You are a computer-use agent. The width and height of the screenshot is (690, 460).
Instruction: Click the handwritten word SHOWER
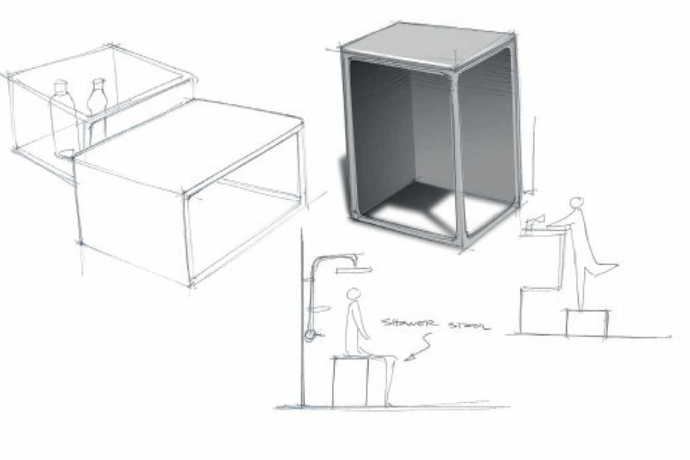409,323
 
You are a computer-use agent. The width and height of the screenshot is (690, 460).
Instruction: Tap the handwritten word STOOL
469,326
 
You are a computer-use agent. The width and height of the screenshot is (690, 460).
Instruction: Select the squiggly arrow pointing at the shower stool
419,347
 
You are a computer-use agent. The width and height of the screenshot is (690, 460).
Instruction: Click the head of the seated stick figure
353,294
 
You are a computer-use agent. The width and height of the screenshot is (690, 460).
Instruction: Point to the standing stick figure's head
576,203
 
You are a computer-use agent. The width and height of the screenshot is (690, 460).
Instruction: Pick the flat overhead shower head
354,270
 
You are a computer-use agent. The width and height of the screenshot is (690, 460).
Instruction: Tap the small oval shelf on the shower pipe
322,309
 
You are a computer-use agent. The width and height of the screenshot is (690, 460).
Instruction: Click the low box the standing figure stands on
587,323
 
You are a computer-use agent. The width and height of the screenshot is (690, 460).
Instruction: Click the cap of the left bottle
60,84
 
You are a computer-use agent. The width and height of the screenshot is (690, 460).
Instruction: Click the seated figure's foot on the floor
389,404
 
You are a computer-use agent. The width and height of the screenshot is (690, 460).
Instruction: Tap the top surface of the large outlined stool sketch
188,145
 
